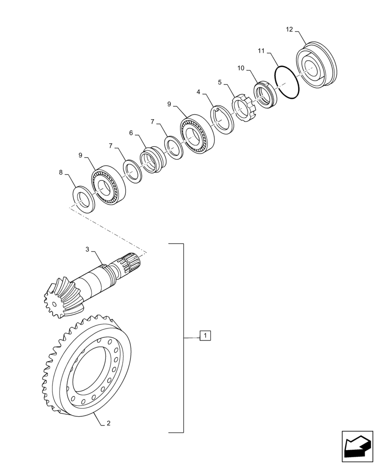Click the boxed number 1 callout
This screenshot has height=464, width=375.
point(205,335)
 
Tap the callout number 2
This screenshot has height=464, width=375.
point(108,423)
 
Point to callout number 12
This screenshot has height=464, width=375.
point(289,30)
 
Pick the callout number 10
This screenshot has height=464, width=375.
point(240,68)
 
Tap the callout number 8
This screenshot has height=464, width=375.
point(61,173)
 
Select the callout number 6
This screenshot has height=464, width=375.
point(131,133)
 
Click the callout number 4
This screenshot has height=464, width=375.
point(198,92)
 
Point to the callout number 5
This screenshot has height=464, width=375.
point(220,82)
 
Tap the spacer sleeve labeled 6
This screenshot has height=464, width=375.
point(152,160)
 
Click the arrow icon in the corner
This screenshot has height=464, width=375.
point(357,447)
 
